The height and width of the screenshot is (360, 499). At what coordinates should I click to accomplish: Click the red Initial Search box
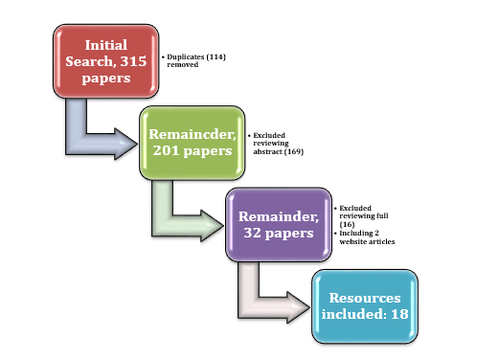(x=105, y=63)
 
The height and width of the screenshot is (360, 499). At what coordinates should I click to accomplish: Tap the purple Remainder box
(x=276, y=224)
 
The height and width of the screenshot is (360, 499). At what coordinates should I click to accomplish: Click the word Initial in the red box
(x=105, y=45)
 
